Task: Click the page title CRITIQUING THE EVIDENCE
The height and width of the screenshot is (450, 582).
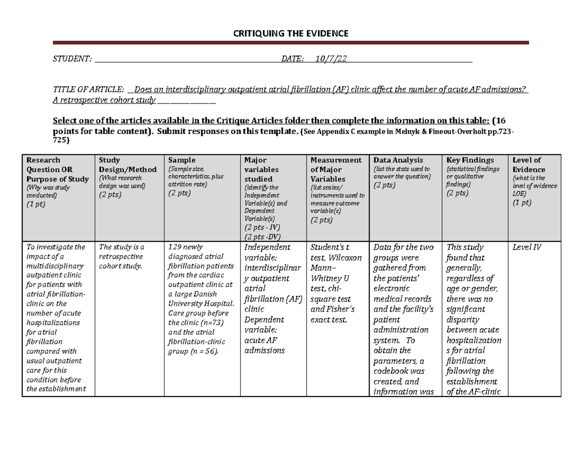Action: [x=291, y=33]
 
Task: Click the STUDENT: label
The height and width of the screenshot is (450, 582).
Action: [x=72, y=59]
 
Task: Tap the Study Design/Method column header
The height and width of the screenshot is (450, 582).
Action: [x=128, y=165]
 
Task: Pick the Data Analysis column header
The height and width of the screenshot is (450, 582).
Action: [x=398, y=160]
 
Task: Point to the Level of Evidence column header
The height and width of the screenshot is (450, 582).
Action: [x=529, y=165]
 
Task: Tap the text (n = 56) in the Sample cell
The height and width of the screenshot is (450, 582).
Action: [x=205, y=351]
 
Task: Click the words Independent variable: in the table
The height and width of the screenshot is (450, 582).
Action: [x=267, y=252]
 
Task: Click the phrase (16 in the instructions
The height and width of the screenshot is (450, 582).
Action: [x=500, y=120]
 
